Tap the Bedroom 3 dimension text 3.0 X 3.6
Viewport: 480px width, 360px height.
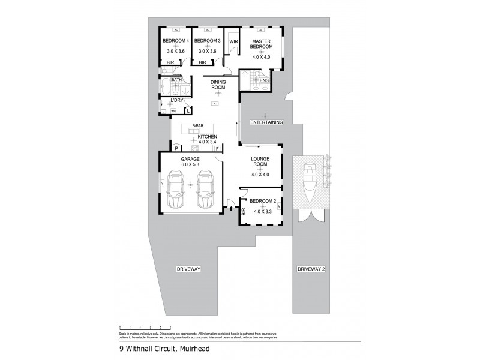[x=207, y=52]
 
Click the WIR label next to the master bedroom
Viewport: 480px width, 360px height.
[x=233, y=41]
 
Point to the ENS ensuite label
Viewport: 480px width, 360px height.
[x=263, y=80]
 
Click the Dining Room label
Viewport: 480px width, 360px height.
[x=217, y=85]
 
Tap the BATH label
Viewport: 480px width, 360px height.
[x=176, y=80]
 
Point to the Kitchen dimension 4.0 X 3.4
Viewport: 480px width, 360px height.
[x=208, y=142]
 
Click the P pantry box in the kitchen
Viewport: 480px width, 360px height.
[x=177, y=147]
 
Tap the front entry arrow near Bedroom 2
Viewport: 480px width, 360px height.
[x=232, y=209]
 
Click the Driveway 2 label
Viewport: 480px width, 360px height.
[x=311, y=269]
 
